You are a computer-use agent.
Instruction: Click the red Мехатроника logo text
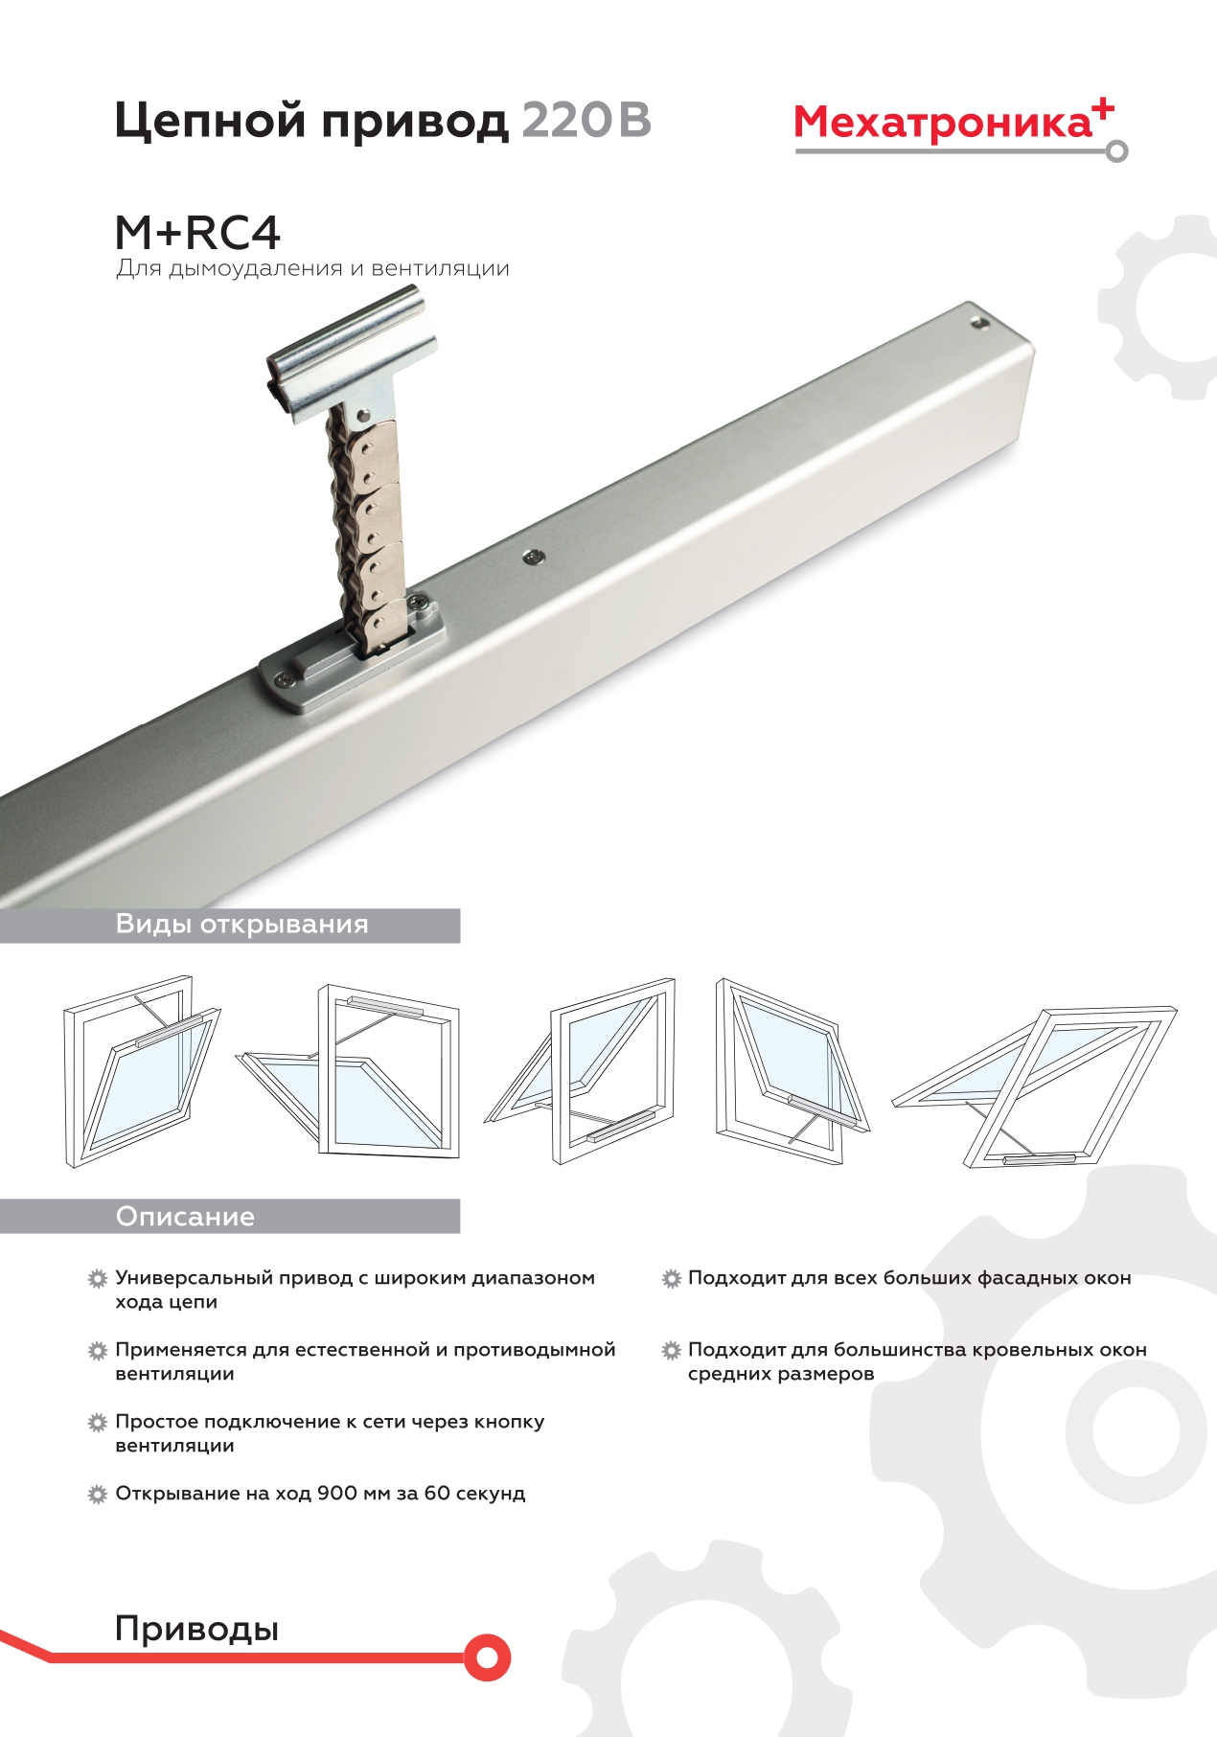[943, 124]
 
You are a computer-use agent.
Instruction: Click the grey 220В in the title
[586, 121]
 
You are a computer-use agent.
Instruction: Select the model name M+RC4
[197, 233]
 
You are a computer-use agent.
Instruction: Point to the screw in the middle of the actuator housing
[533, 556]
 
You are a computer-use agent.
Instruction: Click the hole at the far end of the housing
[977, 323]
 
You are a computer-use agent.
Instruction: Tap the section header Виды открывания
[241, 925]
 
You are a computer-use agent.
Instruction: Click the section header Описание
[185, 1217]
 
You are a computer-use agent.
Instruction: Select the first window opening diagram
[142, 1072]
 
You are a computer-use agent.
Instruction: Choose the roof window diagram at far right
[1035, 1086]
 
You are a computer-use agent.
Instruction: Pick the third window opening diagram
[580, 1071]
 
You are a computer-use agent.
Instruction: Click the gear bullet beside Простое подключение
[97, 1423]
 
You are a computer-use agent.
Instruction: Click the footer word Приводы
[196, 1630]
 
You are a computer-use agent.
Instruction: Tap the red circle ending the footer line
[487, 1657]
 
